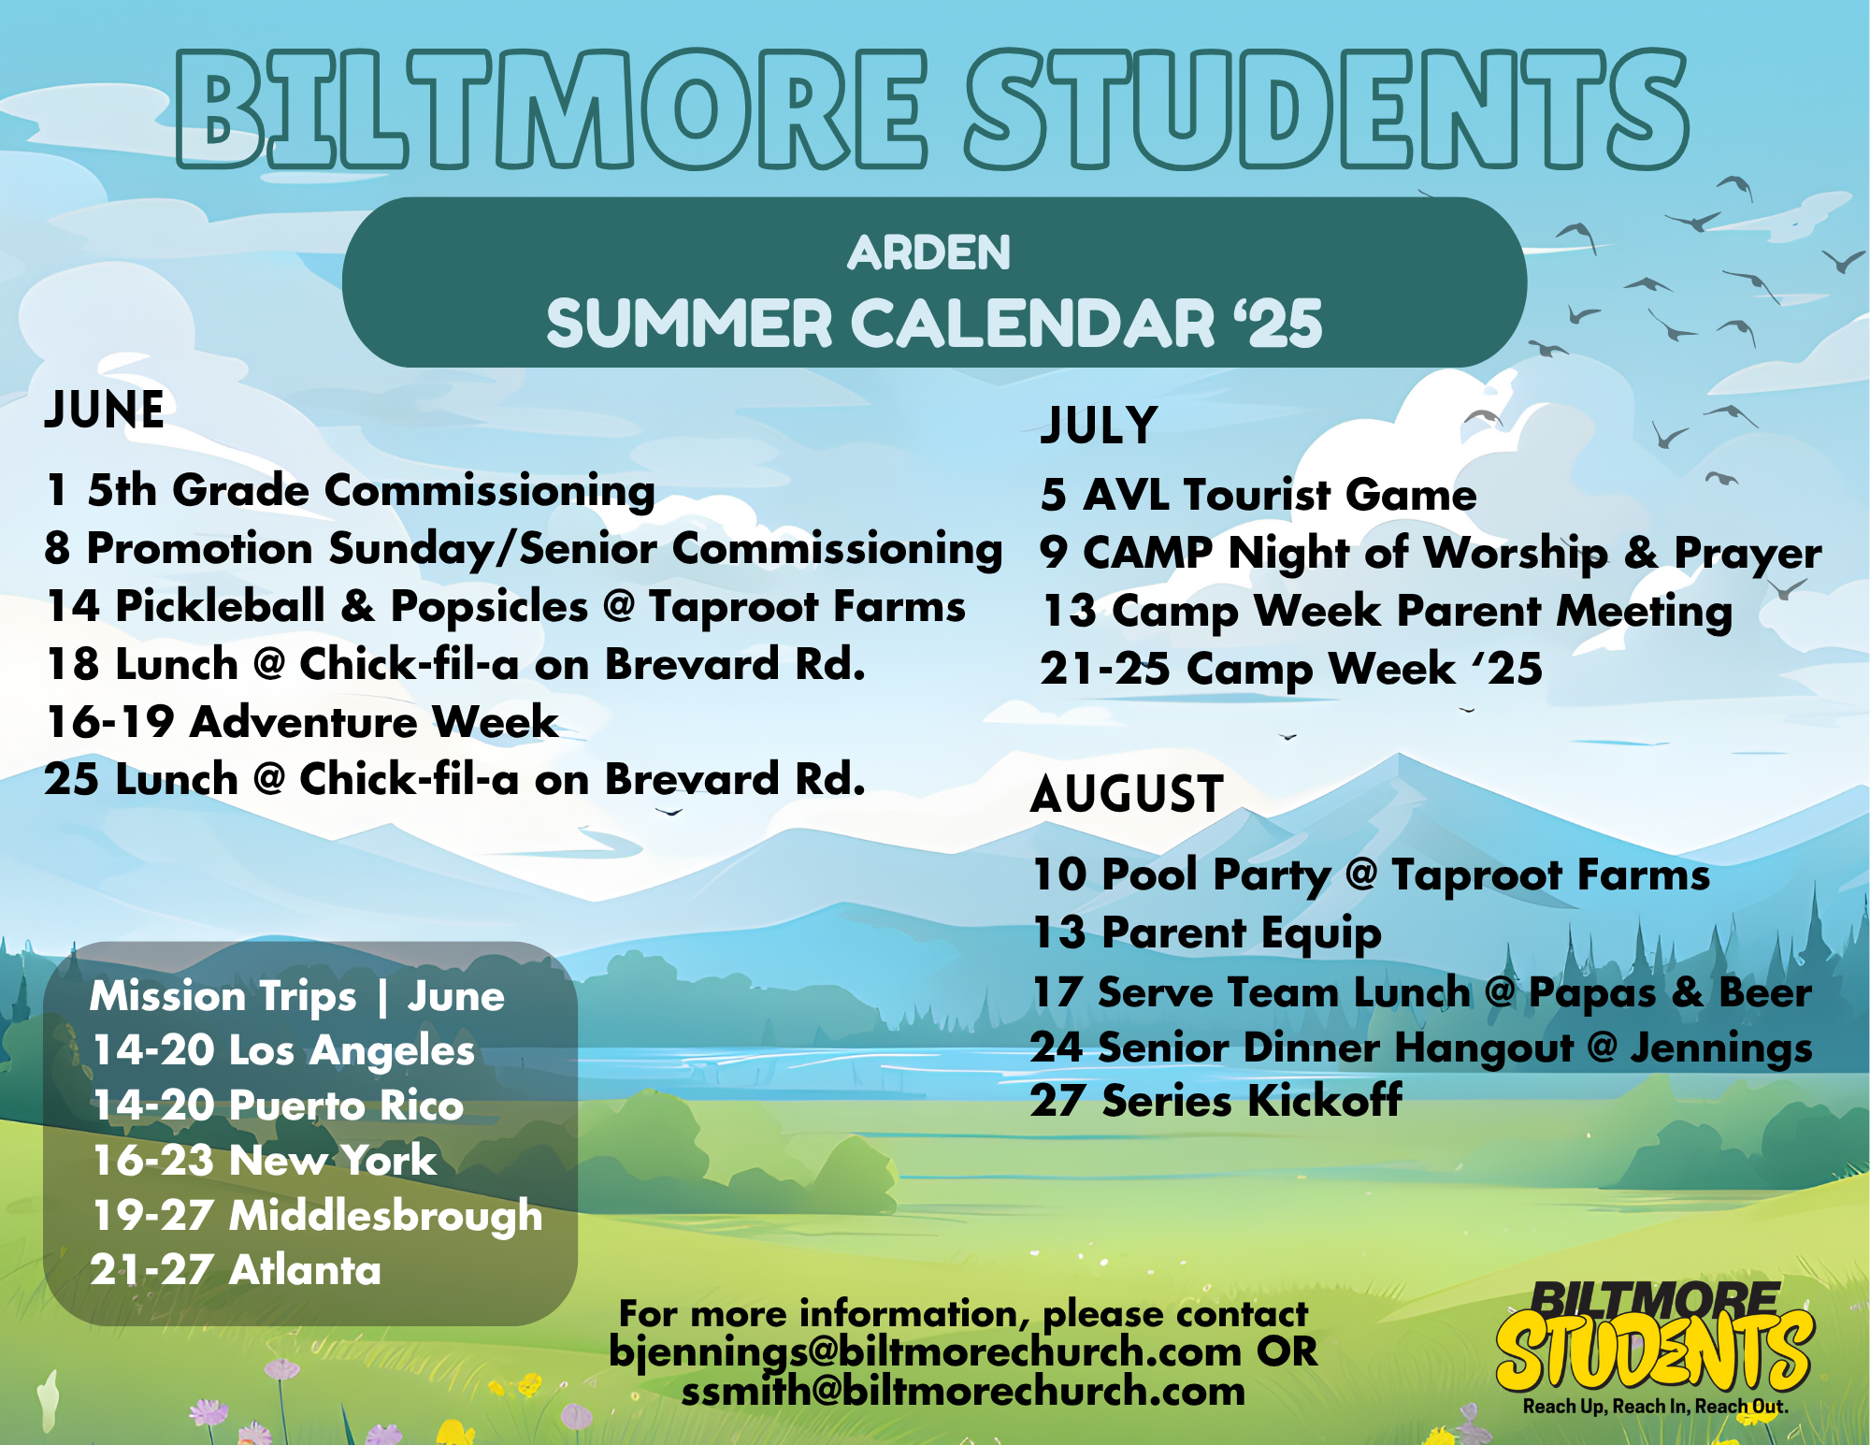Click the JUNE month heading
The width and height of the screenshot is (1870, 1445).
click(x=105, y=410)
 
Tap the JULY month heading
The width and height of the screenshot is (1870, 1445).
click(x=1100, y=426)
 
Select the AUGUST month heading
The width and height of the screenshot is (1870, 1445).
click(x=1128, y=794)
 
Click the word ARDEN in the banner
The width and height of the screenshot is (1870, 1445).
click(x=929, y=253)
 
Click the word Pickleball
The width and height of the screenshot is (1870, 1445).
click(x=221, y=607)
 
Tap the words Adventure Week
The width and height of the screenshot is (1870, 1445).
click(x=374, y=722)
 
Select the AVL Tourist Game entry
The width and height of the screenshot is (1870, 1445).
click(x=1259, y=495)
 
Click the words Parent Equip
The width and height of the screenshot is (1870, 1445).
click(x=1242, y=934)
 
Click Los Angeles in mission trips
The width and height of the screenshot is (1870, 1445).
click(x=352, y=1051)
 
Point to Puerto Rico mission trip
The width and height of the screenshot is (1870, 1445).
click(x=346, y=1105)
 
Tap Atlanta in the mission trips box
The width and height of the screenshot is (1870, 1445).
click(x=305, y=1270)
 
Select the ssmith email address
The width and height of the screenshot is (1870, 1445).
click(x=963, y=1392)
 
